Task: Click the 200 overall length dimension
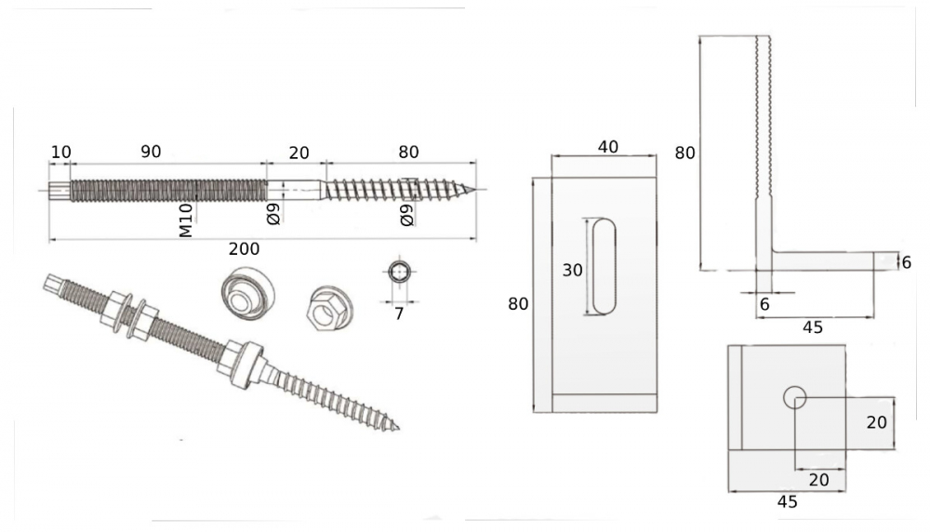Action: (x=243, y=249)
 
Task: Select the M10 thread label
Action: (x=186, y=220)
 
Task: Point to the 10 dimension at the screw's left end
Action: (x=60, y=152)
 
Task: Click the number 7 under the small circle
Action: (x=399, y=314)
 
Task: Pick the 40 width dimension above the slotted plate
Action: (x=607, y=147)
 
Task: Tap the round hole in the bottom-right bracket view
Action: (x=794, y=398)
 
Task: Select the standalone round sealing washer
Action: (x=246, y=292)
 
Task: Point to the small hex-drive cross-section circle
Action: (x=399, y=272)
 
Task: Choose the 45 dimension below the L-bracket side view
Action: (x=812, y=326)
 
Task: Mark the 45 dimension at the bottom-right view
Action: (x=786, y=502)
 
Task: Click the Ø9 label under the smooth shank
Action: (x=273, y=215)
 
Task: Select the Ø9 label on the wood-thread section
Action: (x=406, y=216)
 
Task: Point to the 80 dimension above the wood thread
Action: (x=407, y=152)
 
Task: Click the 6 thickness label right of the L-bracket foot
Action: (x=907, y=262)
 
